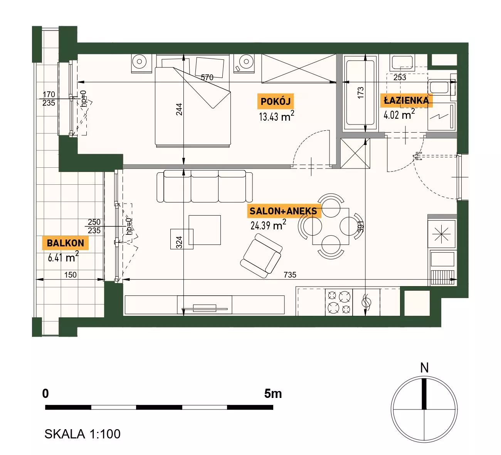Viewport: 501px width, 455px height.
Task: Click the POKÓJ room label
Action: point(276,101)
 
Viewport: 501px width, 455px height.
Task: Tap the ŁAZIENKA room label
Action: point(406,101)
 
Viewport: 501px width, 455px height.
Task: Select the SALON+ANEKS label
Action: point(283,211)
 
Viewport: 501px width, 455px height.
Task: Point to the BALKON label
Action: point(66,243)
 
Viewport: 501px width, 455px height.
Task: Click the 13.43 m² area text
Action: point(276,116)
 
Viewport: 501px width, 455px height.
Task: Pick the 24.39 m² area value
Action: point(268,225)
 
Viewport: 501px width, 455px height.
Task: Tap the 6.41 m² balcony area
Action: point(63,257)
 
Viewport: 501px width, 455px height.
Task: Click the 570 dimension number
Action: point(207,78)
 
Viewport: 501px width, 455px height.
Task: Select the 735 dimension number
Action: point(290,275)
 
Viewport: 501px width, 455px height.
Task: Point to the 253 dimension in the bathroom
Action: point(400,78)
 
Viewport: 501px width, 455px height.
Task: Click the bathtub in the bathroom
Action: point(360,93)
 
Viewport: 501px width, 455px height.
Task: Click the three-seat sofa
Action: point(205,186)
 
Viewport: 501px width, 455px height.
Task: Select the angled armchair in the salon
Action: point(261,256)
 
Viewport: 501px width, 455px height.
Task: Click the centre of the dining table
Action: point(331,226)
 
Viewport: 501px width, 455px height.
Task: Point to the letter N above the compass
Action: point(424,368)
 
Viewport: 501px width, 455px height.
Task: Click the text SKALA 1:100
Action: point(82,434)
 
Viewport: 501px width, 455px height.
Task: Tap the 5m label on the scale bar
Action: point(273,394)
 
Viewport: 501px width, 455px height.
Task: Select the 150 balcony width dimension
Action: point(70,275)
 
